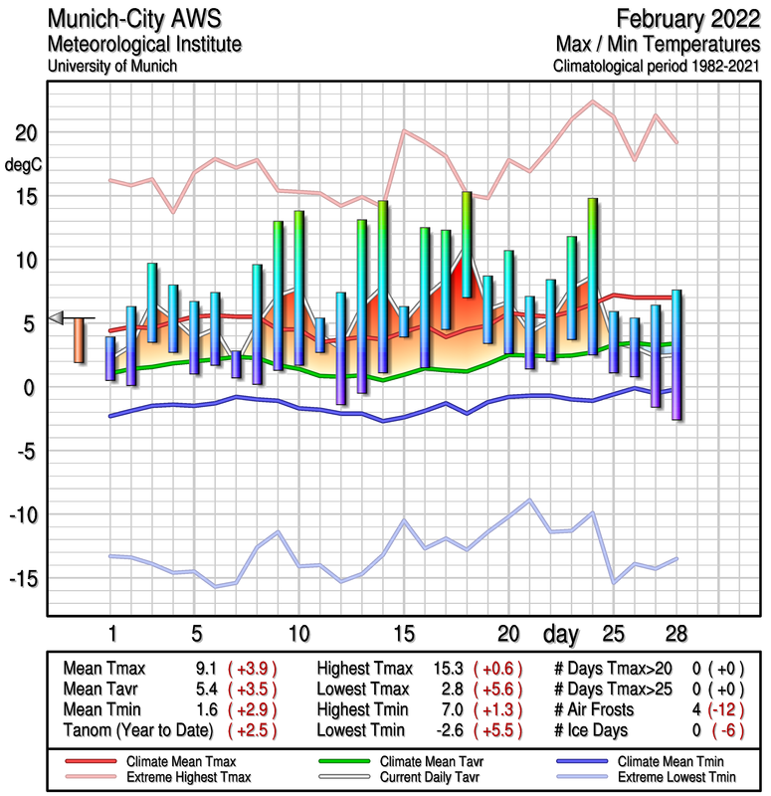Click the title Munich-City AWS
(130, 20)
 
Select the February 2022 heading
(686, 19)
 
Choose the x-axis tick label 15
(403, 634)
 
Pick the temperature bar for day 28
(676, 354)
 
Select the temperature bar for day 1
(110, 358)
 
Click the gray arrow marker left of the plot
(57, 317)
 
